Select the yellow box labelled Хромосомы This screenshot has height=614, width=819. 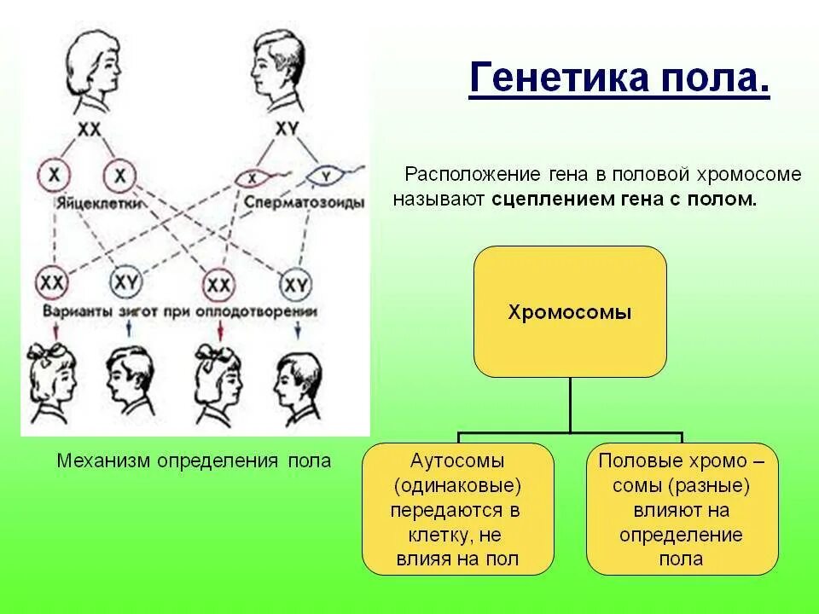point(570,312)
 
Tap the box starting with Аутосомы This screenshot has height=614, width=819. point(457,509)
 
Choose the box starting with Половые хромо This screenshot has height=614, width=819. point(682,509)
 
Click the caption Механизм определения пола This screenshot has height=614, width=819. point(194,461)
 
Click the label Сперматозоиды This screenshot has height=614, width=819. point(304,204)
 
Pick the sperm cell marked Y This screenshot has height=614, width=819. point(325,177)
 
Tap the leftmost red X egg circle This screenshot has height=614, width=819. point(53,176)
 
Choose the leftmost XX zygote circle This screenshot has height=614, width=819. point(53,281)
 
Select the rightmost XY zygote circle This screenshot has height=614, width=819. point(296,282)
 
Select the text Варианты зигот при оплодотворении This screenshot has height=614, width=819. point(176,313)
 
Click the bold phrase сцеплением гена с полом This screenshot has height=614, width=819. point(624,200)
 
